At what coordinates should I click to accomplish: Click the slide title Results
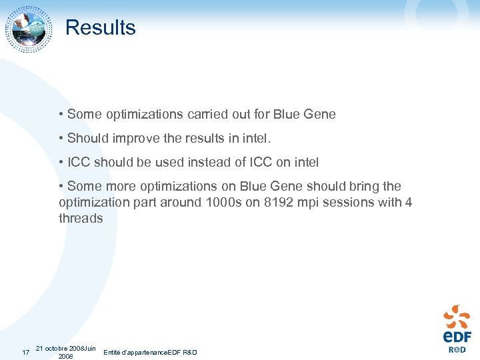click(x=100, y=28)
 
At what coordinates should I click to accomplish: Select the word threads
click(x=81, y=218)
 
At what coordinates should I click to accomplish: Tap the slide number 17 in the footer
click(x=25, y=353)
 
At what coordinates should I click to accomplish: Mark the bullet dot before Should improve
click(x=61, y=138)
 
